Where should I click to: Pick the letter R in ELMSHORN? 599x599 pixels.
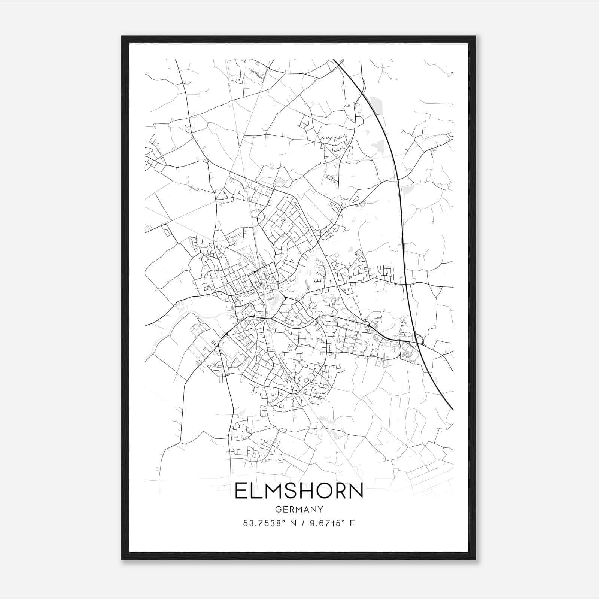[x=341, y=491]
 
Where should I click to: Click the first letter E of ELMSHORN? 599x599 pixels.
[x=240, y=491]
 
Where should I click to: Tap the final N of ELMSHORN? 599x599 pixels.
[x=357, y=491]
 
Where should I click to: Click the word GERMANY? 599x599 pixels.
[x=299, y=509]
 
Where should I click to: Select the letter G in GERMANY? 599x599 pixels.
[x=278, y=509]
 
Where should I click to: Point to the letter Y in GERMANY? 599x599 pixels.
[x=320, y=509]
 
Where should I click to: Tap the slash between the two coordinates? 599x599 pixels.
[x=302, y=523]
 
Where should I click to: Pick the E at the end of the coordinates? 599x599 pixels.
[x=352, y=523]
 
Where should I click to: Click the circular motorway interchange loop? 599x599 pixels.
[x=419, y=340]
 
